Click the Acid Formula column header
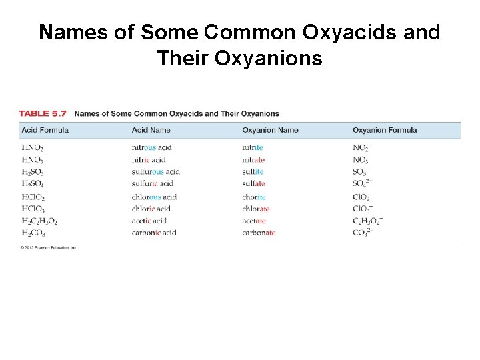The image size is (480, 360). pyautogui.click(x=45, y=130)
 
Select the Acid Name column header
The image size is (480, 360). pyautogui.click(x=151, y=130)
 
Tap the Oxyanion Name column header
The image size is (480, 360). pyautogui.click(x=270, y=130)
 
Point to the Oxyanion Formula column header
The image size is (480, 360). pyautogui.click(x=385, y=130)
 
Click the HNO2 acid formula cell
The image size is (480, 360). pyautogui.click(x=33, y=148)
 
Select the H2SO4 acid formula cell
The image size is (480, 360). pyautogui.click(x=33, y=184)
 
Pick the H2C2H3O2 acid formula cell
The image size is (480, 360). pyautogui.click(x=39, y=221)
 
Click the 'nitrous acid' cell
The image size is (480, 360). pyautogui.click(x=151, y=147)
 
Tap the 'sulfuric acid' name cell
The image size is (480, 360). pyautogui.click(x=152, y=183)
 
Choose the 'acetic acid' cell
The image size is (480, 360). pyautogui.click(x=149, y=221)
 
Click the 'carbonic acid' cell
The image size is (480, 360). pyautogui.click(x=154, y=233)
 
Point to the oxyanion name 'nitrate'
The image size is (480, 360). pyautogui.click(x=253, y=159)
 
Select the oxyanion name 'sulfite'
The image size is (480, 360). pyautogui.click(x=253, y=171)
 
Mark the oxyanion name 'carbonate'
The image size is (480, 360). pyautogui.click(x=259, y=233)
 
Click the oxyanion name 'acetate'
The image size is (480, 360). pyautogui.click(x=254, y=221)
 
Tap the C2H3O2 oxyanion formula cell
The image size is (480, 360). pyautogui.click(x=367, y=221)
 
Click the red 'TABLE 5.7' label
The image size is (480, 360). pyautogui.click(x=43, y=113)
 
